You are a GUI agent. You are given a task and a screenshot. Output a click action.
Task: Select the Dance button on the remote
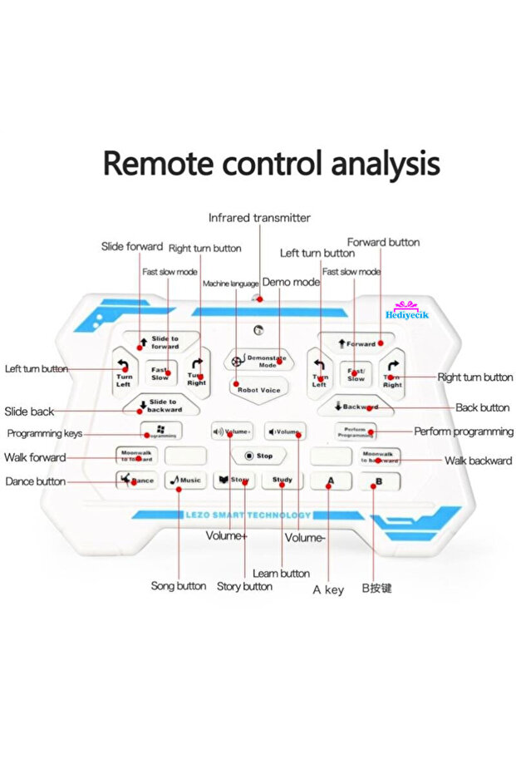point(137,481)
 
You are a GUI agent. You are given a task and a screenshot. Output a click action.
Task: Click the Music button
point(184,481)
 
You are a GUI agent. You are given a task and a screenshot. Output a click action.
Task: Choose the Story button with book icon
point(233,481)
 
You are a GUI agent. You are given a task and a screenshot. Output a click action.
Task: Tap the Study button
point(282,481)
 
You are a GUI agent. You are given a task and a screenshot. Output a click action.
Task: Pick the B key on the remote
point(379,481)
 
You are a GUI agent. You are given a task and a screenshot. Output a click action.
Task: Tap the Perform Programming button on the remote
point(356,431)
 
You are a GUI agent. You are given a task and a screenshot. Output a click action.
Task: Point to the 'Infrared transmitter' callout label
point(259,218)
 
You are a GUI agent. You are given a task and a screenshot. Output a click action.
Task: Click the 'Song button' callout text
point(179,586)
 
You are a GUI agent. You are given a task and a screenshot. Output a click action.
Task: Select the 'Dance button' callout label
point(35,481)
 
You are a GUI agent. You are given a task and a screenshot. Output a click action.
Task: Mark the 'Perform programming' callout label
point(464,431)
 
